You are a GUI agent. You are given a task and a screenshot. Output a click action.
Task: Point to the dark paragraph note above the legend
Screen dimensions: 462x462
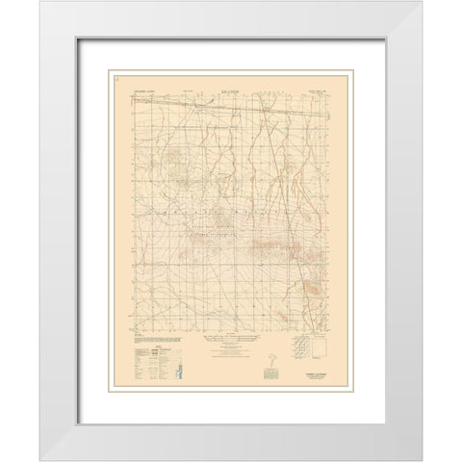coord(141,338)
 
